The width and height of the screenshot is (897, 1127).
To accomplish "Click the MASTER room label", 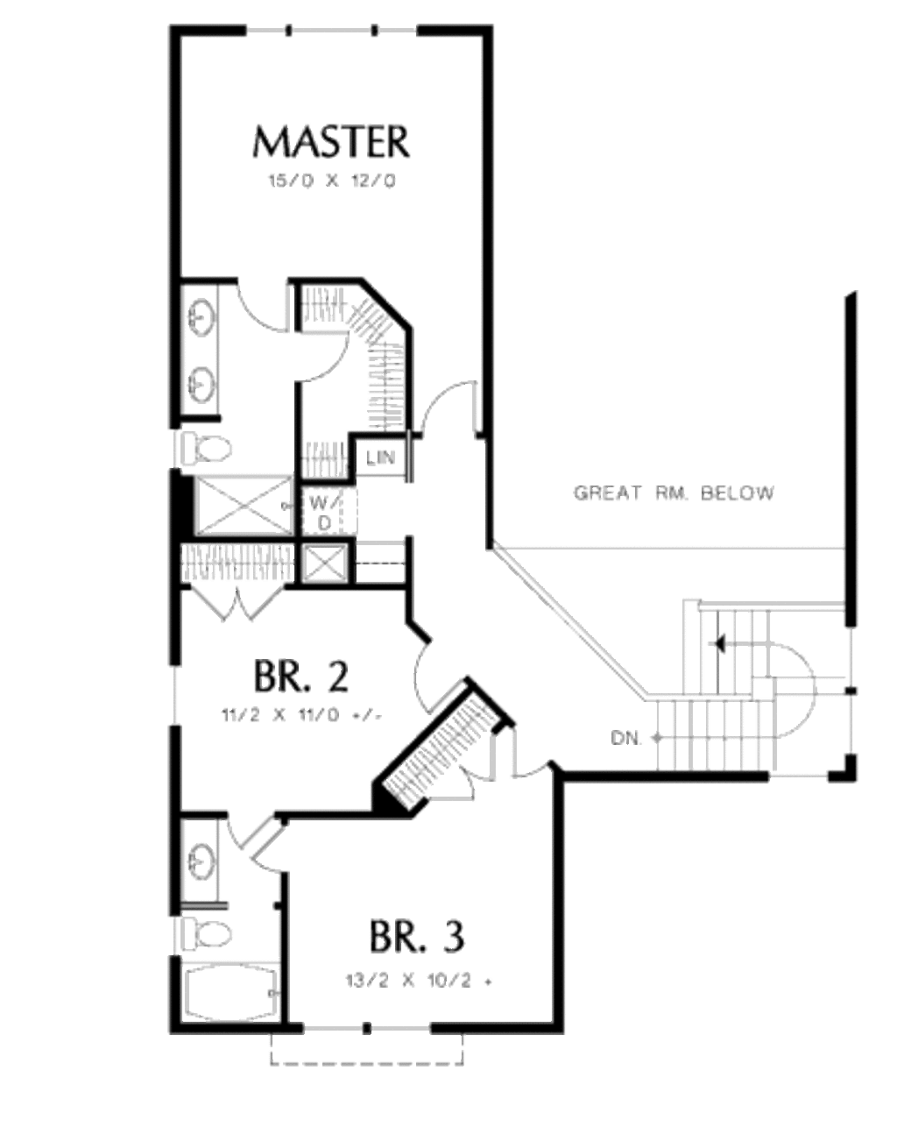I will (330, 142).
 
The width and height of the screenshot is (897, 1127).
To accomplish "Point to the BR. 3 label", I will (416, 936).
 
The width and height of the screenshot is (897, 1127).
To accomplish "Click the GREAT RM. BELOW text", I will (674, 493).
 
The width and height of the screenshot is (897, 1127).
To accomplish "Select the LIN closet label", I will (380, 457).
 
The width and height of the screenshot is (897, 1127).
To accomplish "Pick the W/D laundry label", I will (322, 513).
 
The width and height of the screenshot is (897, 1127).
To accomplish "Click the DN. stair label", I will (626, 738).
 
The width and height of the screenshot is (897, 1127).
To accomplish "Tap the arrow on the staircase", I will (720, 644).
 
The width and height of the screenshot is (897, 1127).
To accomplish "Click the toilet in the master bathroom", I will (205, 449).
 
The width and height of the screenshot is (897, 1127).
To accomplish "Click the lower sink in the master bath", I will (202, 382).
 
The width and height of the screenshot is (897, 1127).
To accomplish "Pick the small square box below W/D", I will (323, 563).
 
